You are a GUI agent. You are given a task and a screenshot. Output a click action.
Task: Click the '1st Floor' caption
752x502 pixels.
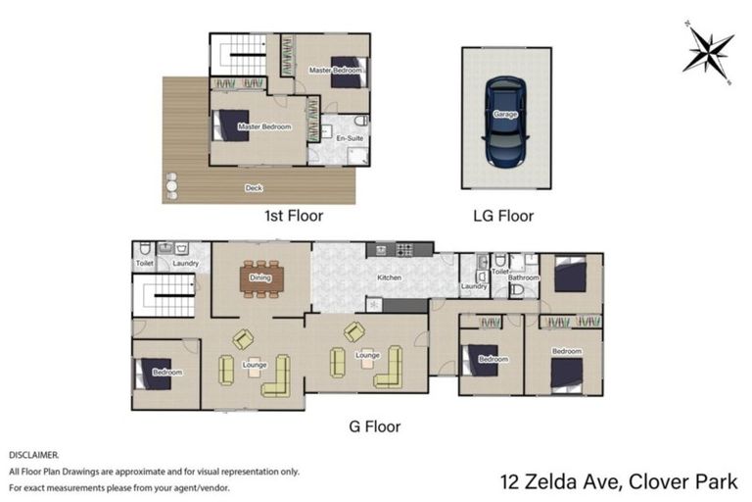tap(294, 215)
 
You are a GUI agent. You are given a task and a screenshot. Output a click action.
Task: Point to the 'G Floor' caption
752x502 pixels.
tap(375, 427)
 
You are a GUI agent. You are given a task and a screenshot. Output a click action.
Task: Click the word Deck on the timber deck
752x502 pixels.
tap(254, 187)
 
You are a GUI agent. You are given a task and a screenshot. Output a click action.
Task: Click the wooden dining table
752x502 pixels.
tap(260, 278)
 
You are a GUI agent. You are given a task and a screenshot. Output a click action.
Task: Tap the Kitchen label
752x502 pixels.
tap(390, 278)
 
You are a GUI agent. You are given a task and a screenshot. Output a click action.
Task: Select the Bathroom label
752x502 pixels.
tap(524, 277)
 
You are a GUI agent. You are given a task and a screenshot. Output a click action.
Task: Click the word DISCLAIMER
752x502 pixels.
tap(34, 455)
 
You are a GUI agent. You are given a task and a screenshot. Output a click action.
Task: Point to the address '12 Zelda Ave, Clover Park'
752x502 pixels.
tap(620, 481)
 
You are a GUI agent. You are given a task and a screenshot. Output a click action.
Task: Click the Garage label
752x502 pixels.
tap(505, 115)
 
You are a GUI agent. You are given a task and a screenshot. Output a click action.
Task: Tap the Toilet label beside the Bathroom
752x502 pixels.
tap(500, 271)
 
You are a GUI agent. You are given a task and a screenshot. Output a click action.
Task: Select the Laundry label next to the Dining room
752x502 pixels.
tap(186, 263)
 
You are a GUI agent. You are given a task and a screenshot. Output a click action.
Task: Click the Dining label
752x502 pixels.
tap(259, 278)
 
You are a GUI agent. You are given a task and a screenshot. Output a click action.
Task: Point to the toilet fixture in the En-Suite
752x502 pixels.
tap(360, 121)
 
